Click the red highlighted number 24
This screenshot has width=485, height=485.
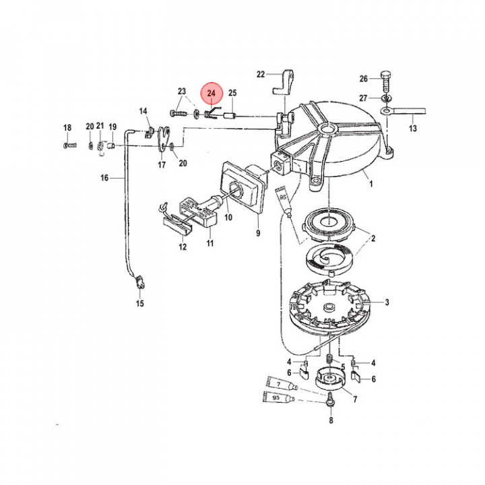(212, 93)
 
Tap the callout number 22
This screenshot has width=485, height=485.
(261, 74)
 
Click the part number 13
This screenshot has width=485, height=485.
(413, 128)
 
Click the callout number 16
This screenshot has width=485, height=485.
(104, 178)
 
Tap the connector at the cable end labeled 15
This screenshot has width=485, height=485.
(140, 282)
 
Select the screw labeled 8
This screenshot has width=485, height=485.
(330, 399)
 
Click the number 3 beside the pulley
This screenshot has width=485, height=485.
(387, 302)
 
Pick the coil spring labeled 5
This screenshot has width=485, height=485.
(329, 360)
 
